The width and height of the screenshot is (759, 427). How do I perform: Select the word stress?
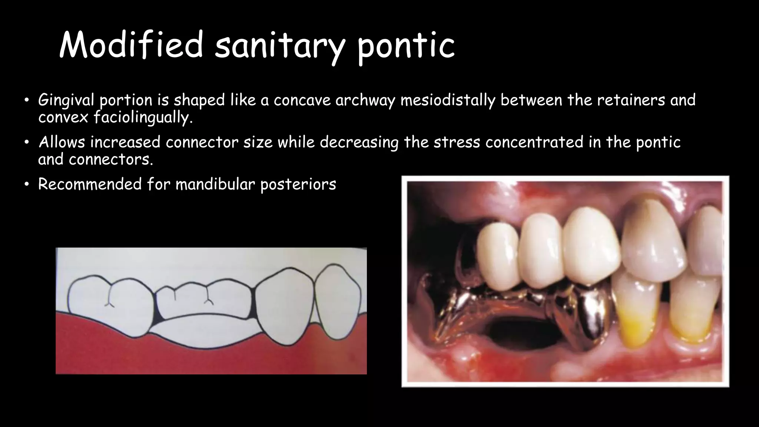click(457, 142)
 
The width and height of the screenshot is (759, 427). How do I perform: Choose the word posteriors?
click(298, 184)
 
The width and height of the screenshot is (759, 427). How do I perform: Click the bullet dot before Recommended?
click(26, 185)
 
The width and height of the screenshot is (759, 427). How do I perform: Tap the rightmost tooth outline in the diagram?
click(337, 300)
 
